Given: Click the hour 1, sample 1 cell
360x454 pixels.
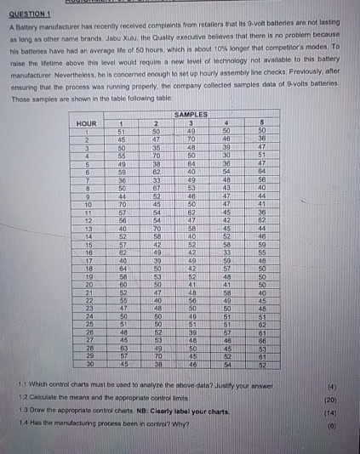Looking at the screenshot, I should [x=123, y=130].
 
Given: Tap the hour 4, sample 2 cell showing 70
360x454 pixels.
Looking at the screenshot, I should [x=157, y=155].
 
